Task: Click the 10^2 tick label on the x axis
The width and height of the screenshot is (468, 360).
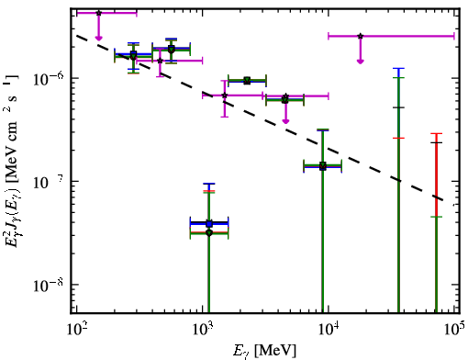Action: coord(75,330)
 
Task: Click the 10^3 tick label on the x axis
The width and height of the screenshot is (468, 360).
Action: coord(202,330)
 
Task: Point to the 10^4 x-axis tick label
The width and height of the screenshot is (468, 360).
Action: coord(329,330)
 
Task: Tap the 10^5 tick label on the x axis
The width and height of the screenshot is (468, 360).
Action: coord(454,330)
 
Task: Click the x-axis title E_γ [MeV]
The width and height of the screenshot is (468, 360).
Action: coord(264,351)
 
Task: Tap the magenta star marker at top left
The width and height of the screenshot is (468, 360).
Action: coord(98,13)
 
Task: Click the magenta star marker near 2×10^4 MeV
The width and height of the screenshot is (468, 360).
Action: coord(361,36)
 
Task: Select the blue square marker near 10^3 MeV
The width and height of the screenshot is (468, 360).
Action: coord(209,223)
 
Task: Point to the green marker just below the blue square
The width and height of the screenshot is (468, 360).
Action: coord(209,233)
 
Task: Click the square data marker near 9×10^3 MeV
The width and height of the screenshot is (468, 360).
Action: coord(322,166)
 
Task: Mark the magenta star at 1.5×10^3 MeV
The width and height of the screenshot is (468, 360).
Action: coord(225,96)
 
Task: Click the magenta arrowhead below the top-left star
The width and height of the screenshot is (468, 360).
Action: coord(98,38)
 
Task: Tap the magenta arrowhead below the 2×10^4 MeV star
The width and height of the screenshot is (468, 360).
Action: coord(361,62)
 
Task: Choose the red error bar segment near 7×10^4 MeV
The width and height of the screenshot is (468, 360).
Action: coord(437,174)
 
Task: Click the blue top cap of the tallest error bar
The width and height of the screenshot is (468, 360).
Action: coord(398,69)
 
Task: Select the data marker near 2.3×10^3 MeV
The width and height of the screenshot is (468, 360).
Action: coord(248,81)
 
